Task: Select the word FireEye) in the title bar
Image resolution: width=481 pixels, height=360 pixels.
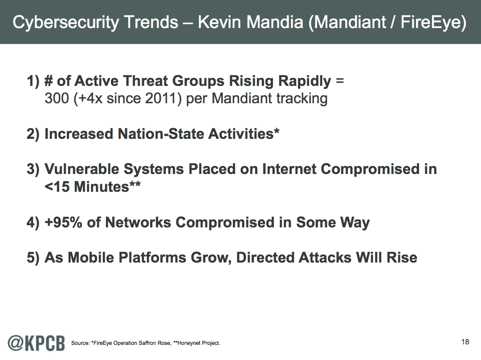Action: tap(433, 23)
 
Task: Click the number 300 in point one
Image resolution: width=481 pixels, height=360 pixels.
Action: tap(57, 98)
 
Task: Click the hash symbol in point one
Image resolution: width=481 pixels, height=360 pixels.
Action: tap(48, 81)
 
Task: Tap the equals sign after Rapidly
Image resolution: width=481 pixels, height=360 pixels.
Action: tap(339, 81)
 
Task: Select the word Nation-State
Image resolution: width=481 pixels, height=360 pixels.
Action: tap(160, 134)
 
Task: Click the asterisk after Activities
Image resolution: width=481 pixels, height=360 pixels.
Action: tap(277, 131)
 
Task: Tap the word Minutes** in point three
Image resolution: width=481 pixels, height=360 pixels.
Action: tap(107, 186)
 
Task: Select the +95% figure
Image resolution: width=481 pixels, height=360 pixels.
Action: tap(64, 222)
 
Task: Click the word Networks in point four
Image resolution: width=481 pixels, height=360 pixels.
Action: tap(138, 222)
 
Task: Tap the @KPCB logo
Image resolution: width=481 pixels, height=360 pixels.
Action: tap(36, 343)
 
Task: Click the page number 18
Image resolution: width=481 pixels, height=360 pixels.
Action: tap(465, 342)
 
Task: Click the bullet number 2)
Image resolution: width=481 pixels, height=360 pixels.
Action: tap(33, 134)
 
